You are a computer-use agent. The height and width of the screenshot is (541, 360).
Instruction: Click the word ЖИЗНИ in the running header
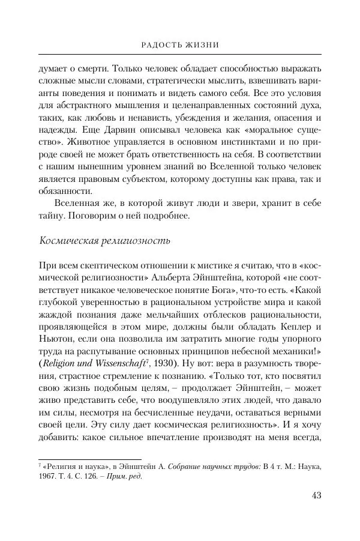(x=201, y=44)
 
